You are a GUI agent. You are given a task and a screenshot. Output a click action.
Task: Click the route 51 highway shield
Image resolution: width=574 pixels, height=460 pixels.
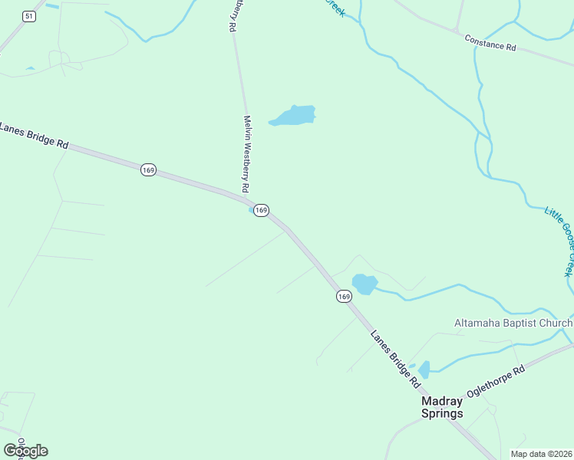(28, 16)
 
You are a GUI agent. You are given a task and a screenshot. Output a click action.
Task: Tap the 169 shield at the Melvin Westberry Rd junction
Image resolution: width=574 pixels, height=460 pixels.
(261, 209)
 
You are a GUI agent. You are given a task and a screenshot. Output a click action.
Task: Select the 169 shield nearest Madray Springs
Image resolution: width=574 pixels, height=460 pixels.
(343, 296)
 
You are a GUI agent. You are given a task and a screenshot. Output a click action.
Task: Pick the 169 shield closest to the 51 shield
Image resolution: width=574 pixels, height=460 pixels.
(148, 169)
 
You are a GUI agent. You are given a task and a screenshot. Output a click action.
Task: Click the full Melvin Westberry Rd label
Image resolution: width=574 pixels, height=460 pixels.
(246, 153)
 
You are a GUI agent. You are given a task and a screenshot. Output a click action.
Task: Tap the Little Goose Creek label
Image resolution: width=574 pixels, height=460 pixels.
(559, 242)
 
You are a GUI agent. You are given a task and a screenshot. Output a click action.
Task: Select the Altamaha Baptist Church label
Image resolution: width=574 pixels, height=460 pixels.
(513, 323)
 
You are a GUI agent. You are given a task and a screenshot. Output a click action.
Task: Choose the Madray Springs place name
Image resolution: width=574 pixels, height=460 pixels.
(443, 407)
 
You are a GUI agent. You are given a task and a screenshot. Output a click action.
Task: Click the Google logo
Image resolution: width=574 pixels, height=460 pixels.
(25, 451)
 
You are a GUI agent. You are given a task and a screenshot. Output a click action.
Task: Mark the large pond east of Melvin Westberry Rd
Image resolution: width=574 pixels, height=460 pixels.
(294, 116)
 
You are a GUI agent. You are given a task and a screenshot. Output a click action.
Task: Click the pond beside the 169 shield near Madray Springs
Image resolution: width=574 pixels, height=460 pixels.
(365, 284)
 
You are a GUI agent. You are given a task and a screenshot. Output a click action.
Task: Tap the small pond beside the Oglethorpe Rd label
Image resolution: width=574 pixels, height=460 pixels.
(424, 369)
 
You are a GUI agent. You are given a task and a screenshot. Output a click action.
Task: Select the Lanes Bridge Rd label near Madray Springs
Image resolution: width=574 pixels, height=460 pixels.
(395, 356)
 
